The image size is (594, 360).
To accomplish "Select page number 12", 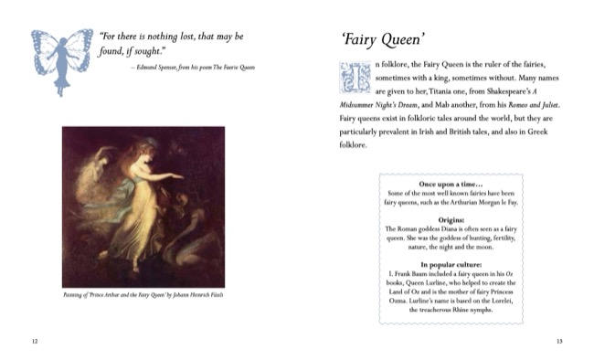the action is (35, 342).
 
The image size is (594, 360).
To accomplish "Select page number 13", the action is (559, 342).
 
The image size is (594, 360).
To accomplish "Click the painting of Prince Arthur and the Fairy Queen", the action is (143, 206).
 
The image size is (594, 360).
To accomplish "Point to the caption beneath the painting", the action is (143, 294).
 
